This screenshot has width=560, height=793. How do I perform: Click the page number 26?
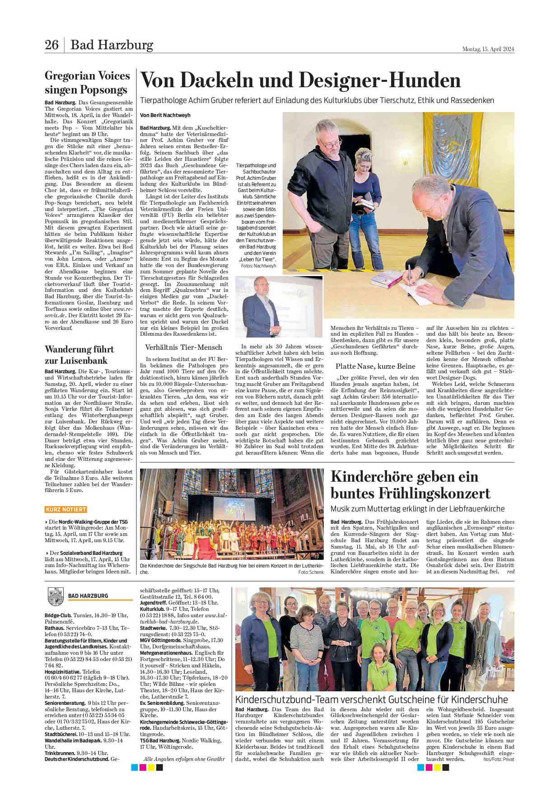51,45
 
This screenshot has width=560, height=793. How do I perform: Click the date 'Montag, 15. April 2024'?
488,49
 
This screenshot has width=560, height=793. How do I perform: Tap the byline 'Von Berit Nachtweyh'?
165,115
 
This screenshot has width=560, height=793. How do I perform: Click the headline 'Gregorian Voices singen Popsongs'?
87,83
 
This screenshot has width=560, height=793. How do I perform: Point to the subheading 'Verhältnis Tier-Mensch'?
183,347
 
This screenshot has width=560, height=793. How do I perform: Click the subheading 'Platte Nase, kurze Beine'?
375,366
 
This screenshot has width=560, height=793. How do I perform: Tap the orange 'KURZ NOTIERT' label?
66,509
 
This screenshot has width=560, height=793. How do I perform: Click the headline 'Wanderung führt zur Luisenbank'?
79,355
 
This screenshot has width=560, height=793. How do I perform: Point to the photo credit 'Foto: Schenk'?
311,572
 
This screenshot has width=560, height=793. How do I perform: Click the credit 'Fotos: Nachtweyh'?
258,266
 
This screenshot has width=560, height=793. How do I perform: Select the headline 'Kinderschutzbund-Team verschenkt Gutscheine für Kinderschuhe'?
371,699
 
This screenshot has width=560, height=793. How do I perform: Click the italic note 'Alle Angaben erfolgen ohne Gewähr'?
184,759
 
